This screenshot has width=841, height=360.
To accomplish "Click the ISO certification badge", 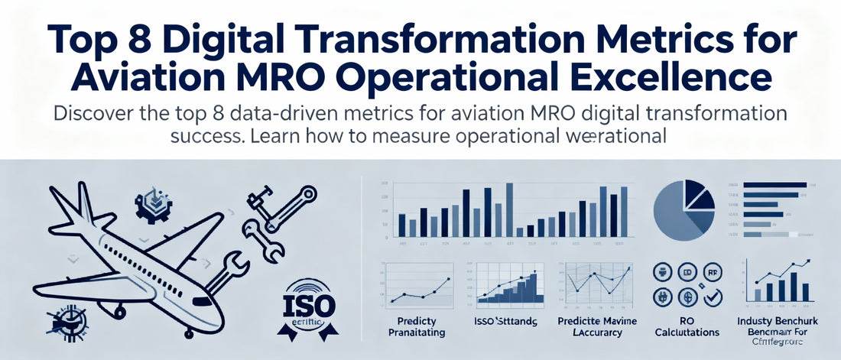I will (309, 307).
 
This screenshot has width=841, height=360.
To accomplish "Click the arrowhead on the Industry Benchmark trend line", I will (807, 262).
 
